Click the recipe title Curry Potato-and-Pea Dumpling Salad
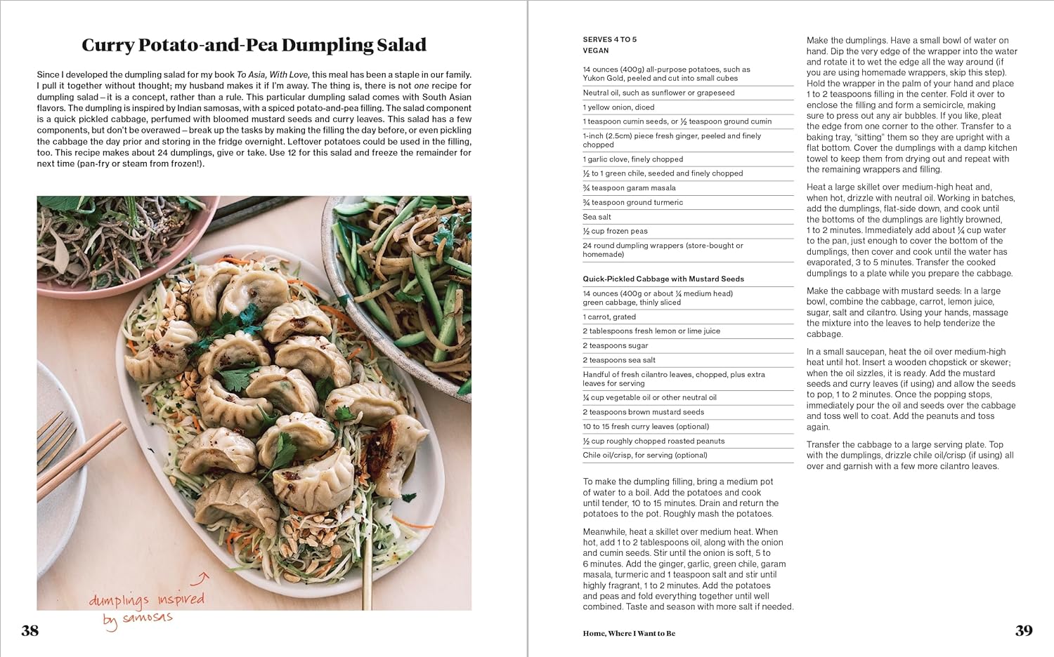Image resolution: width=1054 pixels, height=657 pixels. pyautogui.click(x=254, y=45)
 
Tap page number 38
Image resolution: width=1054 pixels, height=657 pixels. pyautogui.click(x=30, y=630)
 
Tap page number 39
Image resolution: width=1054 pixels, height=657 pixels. pyautogui.click(x=1024, y=630)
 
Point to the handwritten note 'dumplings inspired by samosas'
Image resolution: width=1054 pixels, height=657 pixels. pyautogui.click(x=145, y=608)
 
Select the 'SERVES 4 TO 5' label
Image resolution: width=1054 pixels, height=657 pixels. pyautogui.click(x=609, y=39)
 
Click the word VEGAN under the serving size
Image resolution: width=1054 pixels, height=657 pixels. pyautogui.click(x=596, y=51)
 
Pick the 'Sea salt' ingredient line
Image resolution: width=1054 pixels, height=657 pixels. pyautogui.click(x=597, y=217)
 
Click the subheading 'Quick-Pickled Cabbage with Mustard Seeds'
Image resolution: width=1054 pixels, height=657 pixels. pyautogui.click(x=663, y=279)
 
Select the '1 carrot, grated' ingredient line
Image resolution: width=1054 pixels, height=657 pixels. pyautogui.click(x=609, y=317)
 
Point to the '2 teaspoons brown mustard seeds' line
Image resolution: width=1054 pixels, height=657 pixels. pyautogui.click(x=643, y=412)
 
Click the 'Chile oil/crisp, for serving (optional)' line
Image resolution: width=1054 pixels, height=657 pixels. pyautogui.click(x=644, y=455)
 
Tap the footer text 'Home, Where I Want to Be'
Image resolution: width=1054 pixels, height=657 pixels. pyautogui.click(x=628, y=634)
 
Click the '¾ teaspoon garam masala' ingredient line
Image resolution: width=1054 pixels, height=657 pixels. pyautogui.click(x=629, y=188)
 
